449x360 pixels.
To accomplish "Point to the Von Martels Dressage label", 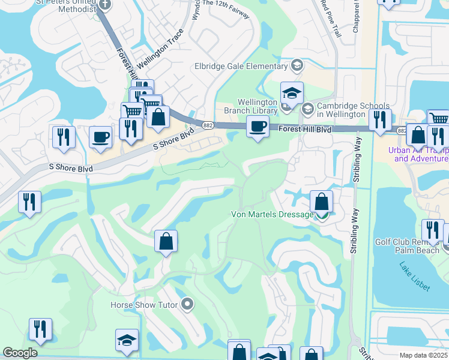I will (273, 214).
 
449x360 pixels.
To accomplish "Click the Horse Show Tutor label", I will (144, 305).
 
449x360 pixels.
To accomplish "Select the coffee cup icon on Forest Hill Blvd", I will (258, 126).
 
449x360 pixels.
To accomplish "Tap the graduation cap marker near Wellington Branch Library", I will (292, 93).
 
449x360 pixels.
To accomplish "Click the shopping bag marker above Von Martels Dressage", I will (322, 202).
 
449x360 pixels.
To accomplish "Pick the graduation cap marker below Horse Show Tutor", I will (127, 340).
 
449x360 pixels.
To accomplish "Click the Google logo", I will (20, 353).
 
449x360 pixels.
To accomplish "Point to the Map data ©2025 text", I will (423, 355).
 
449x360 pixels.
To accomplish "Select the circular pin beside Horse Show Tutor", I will (187, 304).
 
